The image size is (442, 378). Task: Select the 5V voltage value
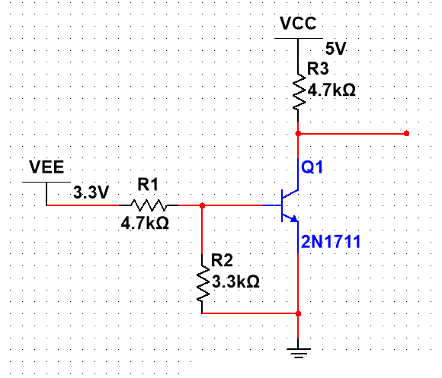[335, 47]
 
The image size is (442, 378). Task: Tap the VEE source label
[46, 167]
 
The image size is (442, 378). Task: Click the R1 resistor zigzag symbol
[148, 205]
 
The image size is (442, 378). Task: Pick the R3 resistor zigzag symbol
[298, 89]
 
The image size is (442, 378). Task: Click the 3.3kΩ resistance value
[235, 281]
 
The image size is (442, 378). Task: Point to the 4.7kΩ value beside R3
[331, 89]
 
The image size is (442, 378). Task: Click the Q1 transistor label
[312, 168]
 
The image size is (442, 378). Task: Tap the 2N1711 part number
[330, 242]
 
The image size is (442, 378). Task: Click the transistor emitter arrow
[292, 218]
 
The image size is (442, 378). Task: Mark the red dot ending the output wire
[406, 133]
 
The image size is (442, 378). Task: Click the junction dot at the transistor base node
[202, 205]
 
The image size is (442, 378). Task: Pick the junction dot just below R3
[298, 133]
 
